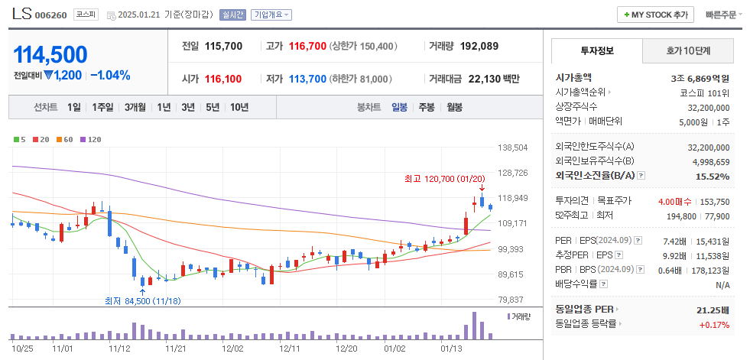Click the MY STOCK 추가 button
pos(656,15)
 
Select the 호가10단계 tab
pos(687,51)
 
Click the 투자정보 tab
pos(596,51)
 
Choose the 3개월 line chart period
pos(135,107)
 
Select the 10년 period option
pos(239,107)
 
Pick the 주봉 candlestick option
pos(426,107)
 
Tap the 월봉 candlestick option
pos(454,107)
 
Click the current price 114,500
pos(50,54)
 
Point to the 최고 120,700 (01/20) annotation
pos(444,179)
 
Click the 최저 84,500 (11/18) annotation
pos(142,301)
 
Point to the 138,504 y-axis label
pos(513,148)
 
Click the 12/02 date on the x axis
pos(232,348)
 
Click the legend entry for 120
pos(91,139)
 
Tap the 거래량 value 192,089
pos(479,46)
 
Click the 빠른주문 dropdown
pos(723,15)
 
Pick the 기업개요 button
pos(271,15)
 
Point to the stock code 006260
pos(52,15)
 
